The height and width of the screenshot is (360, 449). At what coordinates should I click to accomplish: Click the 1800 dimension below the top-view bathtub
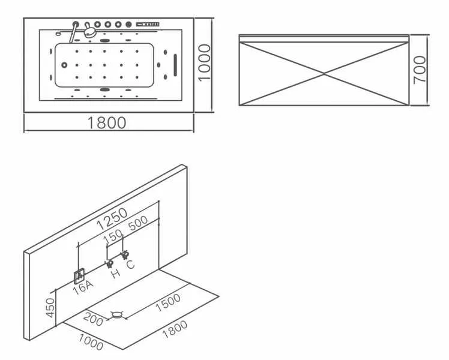[106, 122]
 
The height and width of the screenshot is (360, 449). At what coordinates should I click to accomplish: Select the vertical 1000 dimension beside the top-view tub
[205, 63]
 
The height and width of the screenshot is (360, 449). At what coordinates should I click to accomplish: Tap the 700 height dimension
[420, 70]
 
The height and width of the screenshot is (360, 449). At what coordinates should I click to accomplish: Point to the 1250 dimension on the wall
[112, 218]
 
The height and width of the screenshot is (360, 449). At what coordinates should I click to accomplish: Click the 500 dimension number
[138, 223]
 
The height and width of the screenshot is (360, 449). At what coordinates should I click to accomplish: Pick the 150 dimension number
[113, 237]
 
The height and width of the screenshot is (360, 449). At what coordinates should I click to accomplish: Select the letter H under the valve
[115, 274]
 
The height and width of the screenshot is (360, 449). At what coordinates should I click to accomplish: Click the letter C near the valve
[130, 265]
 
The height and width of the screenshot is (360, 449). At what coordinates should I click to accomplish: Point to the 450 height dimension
[50, 308]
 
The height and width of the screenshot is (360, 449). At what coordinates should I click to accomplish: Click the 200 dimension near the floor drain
[93, 319]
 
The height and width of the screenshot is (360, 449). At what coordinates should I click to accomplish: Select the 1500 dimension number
[168, 302]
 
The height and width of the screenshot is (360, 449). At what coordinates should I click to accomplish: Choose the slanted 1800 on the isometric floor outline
[175, 329]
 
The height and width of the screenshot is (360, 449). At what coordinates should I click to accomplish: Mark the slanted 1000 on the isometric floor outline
[91, 342]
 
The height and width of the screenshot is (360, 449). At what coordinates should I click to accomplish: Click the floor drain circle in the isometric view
[117, 315]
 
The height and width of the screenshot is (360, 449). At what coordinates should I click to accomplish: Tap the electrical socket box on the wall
[79, 276]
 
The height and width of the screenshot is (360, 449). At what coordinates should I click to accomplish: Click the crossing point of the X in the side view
[324, 74]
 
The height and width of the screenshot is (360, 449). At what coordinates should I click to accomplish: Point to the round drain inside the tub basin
[64, 65]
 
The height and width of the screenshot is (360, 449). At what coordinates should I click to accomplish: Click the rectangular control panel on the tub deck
[148, 25]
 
